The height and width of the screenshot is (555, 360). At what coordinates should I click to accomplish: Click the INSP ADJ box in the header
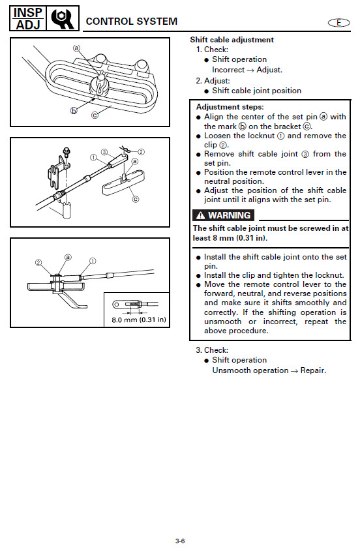27,18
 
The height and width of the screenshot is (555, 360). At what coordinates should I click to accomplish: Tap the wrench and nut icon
63,18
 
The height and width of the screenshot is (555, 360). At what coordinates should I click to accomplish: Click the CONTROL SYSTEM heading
131,22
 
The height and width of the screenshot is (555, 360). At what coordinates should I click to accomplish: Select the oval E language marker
338,23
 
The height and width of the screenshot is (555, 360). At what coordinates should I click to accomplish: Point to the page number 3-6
180,541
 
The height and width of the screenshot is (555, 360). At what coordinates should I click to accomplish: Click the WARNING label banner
223,215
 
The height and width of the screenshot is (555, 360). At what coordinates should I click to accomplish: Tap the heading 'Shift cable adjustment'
232,40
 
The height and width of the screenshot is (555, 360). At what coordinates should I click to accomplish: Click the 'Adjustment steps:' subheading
230,107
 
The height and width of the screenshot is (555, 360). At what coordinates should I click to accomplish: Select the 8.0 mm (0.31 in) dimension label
139,320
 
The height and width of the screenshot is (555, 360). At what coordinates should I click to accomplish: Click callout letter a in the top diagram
76,48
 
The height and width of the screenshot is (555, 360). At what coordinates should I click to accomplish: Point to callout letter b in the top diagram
74,111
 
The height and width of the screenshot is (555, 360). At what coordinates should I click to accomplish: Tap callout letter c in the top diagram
95,115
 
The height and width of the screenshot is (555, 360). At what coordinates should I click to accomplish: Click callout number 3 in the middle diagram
104,152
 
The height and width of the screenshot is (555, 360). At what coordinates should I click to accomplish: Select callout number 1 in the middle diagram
93,157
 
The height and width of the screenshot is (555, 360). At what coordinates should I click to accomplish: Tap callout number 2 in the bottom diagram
38,263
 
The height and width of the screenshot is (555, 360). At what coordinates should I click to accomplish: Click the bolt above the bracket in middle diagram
66,153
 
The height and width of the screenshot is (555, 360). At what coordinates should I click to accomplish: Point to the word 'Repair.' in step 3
313,370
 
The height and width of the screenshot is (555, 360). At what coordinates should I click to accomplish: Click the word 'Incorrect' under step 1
228,70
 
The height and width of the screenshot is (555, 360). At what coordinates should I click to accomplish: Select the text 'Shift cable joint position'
257,91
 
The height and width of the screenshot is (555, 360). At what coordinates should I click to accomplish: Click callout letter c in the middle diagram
135,200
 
